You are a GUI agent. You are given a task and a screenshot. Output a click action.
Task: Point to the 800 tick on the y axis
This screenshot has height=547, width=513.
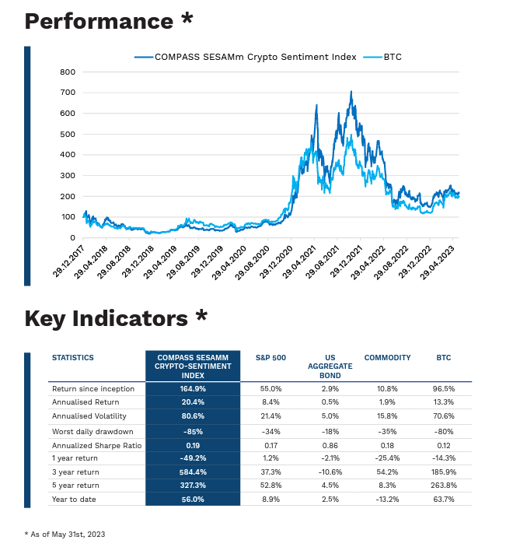67,72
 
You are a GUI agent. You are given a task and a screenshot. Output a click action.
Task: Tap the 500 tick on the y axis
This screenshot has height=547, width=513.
67,134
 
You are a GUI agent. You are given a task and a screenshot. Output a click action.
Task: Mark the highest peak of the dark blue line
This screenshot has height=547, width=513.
351,92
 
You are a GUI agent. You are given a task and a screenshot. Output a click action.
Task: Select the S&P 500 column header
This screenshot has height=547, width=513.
270,358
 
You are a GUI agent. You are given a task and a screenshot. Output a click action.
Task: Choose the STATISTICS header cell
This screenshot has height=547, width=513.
72,358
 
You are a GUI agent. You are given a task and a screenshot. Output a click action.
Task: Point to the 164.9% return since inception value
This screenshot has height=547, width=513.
193,388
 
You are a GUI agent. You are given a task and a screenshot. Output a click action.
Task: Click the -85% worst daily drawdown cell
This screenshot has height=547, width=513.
193,431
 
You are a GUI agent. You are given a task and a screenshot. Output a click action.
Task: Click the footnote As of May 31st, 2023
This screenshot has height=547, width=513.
65,535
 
